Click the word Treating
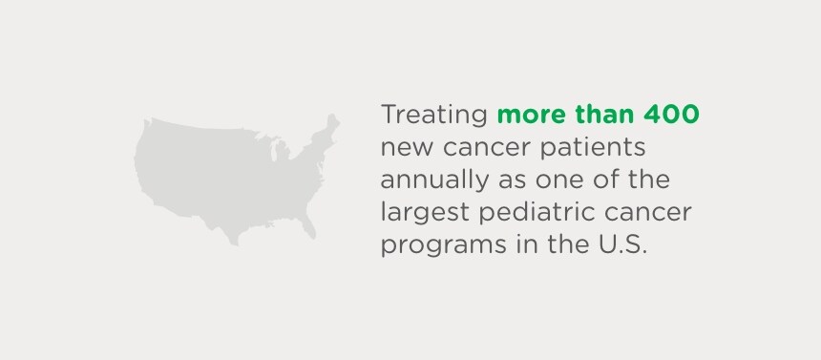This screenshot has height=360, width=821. [435, 116]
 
